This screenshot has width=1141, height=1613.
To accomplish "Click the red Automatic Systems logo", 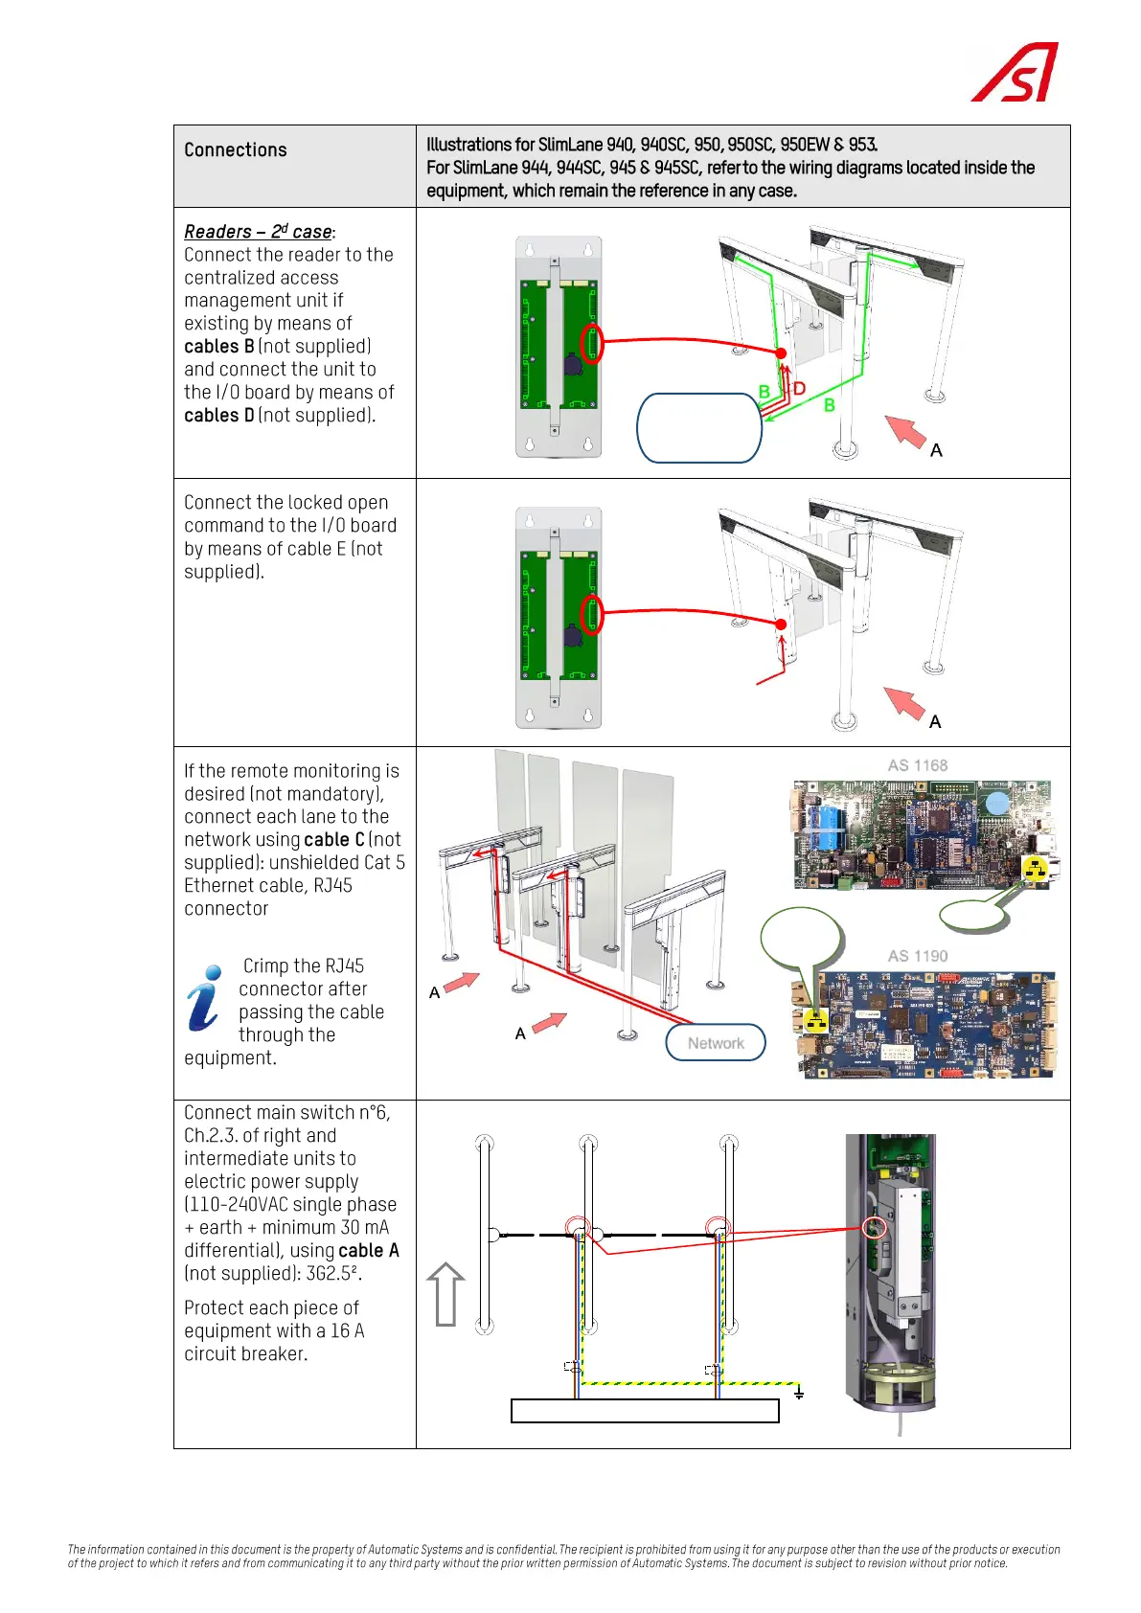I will coord(1015,73).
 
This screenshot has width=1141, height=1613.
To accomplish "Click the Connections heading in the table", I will coord(236,150).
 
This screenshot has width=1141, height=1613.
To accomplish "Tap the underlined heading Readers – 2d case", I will coord(258,232).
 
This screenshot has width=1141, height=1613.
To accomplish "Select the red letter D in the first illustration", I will coord(799,388).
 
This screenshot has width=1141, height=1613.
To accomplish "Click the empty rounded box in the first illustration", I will coord(699,428).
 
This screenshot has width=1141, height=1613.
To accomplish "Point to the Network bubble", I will coord(716,1043).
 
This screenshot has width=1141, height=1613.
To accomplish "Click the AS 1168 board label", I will coord(917,765).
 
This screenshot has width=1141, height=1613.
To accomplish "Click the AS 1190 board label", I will coord(917,956).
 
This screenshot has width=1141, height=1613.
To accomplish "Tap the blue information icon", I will coord(204,997).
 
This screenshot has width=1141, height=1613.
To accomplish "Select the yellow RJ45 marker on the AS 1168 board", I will coord(1035,870).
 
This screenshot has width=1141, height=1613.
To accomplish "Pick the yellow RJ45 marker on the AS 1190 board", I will coord(816,1021).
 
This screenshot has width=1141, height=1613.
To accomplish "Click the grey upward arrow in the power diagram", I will coord(445,1294).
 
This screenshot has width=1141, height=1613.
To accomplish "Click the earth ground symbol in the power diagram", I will coord(799,1394).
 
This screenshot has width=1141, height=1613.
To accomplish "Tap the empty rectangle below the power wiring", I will coord(645,1411).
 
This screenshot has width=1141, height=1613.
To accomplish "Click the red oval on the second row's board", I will coord(592,614).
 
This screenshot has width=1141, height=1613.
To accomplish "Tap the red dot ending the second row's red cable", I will coord(782,625).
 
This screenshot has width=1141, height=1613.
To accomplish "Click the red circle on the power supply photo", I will coord(874,1227).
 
